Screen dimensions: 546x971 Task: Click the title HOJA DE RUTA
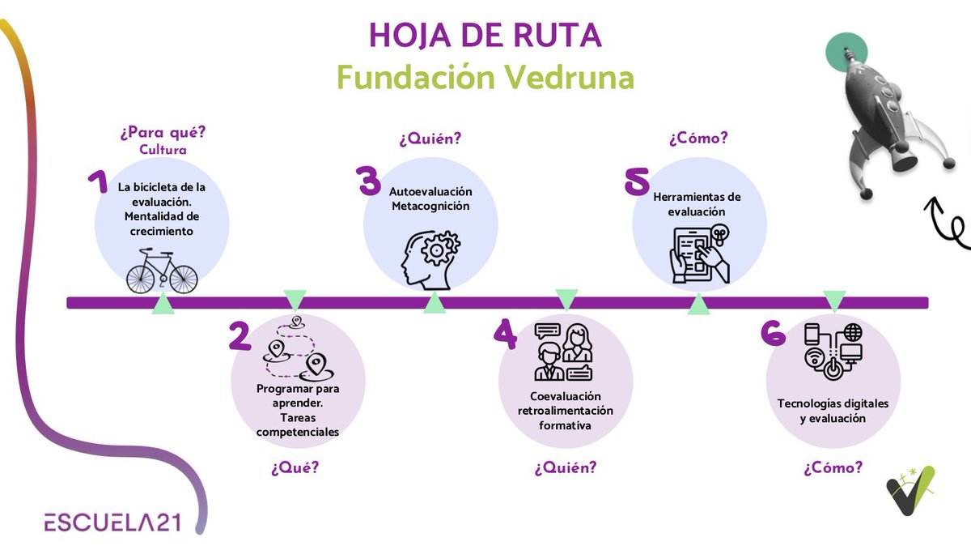pyautogui.click(x=485, y=36)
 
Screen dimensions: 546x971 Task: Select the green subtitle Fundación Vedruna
pyautogui.click(x=485, y=78)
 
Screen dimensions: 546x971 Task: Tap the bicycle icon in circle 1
pyautogui.click(x=162, y=271)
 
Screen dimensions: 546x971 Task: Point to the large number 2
pyautogui.click(x=240, y=336)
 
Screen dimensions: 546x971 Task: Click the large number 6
pyautogui.click(x=774, y=333)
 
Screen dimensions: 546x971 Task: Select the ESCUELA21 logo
pyautogui.click(x=112, y=522)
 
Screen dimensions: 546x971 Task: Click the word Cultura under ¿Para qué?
pyautogui.click(x=163, y=150)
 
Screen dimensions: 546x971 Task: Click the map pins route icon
pyautogui.click(x=295, y=352)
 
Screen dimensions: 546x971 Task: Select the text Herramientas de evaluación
pyautogui.click(x=697, y=204)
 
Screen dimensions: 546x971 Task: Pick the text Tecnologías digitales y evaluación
pyautogui.click(x=833, y=411)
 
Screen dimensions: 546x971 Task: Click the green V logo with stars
pyautogui.click(x=910, y=489)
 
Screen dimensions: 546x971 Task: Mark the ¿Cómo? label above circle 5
pyautogui.click(x=698, y=139)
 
